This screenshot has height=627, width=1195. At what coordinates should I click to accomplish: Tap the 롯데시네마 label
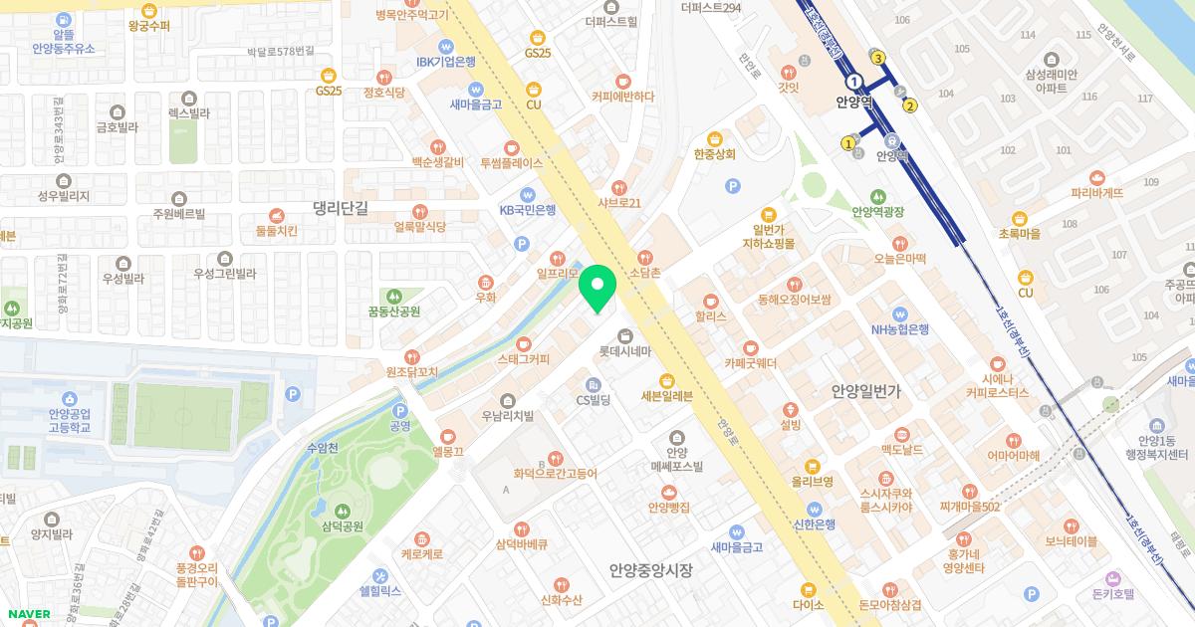point(624,351)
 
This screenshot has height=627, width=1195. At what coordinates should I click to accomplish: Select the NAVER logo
point(28,613)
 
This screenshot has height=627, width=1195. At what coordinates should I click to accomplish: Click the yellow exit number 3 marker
point(878,58)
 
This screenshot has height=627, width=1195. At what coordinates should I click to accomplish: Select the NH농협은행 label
point(899,329)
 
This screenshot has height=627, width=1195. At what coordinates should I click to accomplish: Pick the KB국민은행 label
point(527,210)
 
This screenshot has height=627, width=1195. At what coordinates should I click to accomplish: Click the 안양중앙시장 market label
point(650,570)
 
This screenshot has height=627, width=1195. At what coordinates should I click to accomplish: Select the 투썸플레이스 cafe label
point(511,162)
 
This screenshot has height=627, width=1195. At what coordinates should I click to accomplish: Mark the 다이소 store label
point(808,603)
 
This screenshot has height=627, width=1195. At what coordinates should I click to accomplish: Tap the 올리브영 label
point(812,481)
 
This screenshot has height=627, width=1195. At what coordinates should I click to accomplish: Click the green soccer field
point(189,414)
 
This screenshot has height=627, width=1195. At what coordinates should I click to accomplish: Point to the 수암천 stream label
point(324,449)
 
